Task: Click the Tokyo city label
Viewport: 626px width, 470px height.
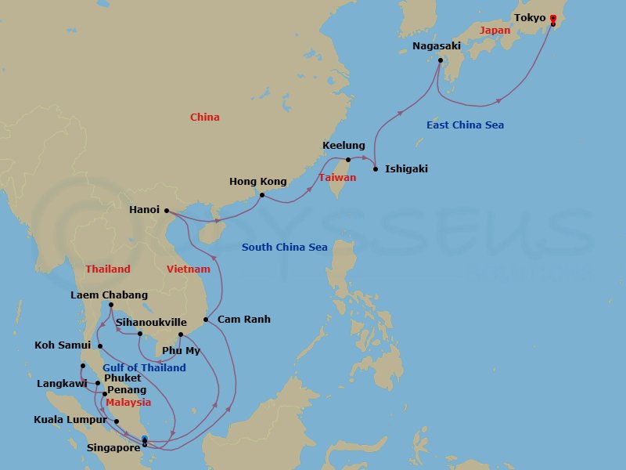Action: tap(530, 17)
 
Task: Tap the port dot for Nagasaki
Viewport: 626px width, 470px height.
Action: tap(440, 60)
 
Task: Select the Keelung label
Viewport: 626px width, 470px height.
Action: tap(344, 146)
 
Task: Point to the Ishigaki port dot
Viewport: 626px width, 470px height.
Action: tap(376, 169)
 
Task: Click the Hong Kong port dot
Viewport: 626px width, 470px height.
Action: tap(262, 195)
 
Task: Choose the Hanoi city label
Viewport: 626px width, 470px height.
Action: tap(144, 210)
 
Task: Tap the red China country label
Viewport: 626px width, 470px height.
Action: tap(205, 117)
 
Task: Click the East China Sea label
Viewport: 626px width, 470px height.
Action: tap(465, 125)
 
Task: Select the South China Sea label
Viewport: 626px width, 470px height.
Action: tap(284, 248)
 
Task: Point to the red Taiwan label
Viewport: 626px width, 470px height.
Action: tap(337, 178)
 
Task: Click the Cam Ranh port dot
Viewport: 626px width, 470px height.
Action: tap(206, 320)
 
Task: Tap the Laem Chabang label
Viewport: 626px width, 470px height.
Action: tap(109, 295)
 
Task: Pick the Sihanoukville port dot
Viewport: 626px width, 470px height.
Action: tap(140, 334)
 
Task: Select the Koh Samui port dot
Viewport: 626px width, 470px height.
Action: tap(100, 345)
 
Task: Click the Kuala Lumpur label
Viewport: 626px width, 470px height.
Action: tap(70, 420)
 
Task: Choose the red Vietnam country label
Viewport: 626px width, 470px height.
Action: tap(189, 269)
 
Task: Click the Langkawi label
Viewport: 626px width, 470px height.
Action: tap(62, 384)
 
